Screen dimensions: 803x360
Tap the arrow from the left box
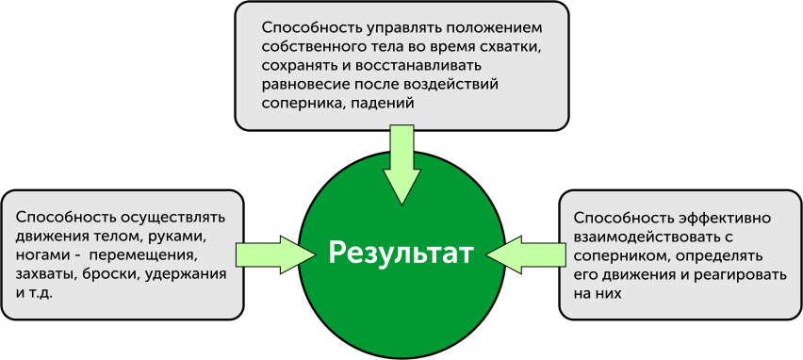tap(273, 254)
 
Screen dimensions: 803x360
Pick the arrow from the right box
tap(525, 254)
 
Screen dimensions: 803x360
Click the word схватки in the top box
tap(514, 46)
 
